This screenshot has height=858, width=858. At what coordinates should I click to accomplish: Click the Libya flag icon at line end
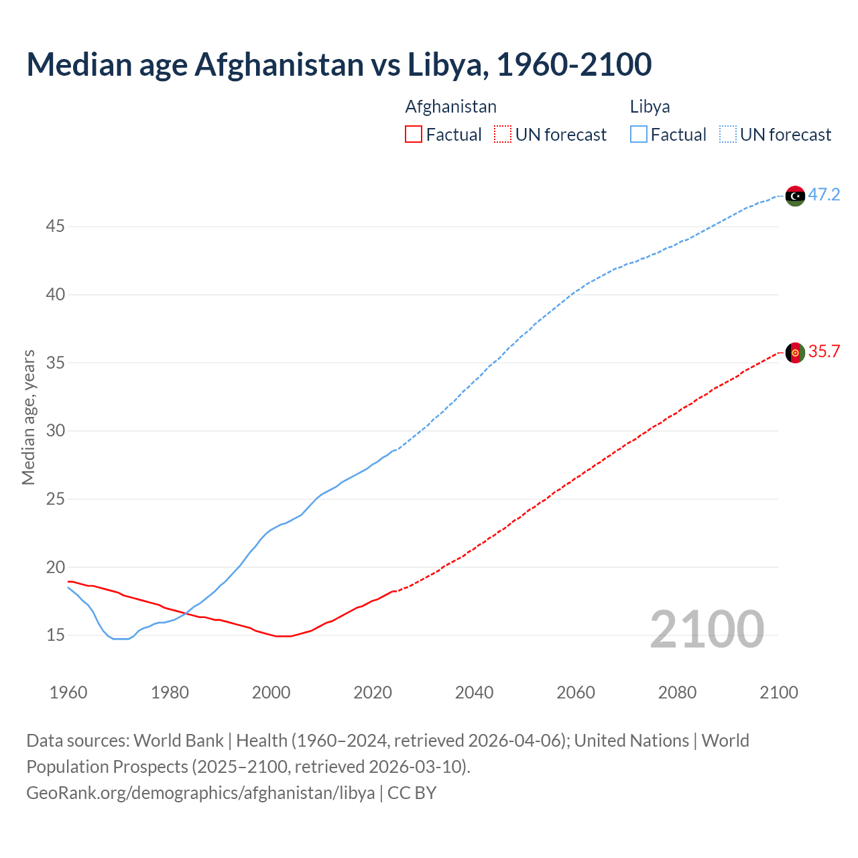pos(795,196)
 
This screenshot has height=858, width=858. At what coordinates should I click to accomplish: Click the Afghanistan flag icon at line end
pos(795,353)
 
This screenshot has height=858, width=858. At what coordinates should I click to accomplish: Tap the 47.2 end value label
pos(824,195)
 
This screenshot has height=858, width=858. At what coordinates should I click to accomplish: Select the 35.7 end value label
pos(824,352)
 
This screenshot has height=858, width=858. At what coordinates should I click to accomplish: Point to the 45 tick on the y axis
pos(55,227)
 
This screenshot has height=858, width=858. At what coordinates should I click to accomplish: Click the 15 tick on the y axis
pos(55,635)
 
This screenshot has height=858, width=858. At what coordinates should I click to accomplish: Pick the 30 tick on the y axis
pos(55,430)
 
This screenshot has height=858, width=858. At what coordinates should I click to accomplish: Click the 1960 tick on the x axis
pos(68,692)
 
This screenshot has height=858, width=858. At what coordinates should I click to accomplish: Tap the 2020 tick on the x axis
pos(373,692)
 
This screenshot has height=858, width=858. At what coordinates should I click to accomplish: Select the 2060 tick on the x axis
pos(576,692)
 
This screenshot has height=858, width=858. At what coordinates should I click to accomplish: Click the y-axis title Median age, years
pos(28,417)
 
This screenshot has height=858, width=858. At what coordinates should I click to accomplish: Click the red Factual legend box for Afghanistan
pos(414,135)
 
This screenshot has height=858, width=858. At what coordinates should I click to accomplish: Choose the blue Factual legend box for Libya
pos(639,135)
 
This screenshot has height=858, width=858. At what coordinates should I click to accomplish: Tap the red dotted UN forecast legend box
pos(503,135)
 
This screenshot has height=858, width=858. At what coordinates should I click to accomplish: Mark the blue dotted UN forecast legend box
pos(728,135)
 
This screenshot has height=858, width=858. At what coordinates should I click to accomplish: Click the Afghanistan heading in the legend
pos(451,107)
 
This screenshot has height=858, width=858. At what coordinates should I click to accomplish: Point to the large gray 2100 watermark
pos(707,629)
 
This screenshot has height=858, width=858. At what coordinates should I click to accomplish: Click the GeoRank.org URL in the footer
pos(200,793)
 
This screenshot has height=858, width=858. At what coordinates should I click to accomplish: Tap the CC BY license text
pos(412,793)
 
